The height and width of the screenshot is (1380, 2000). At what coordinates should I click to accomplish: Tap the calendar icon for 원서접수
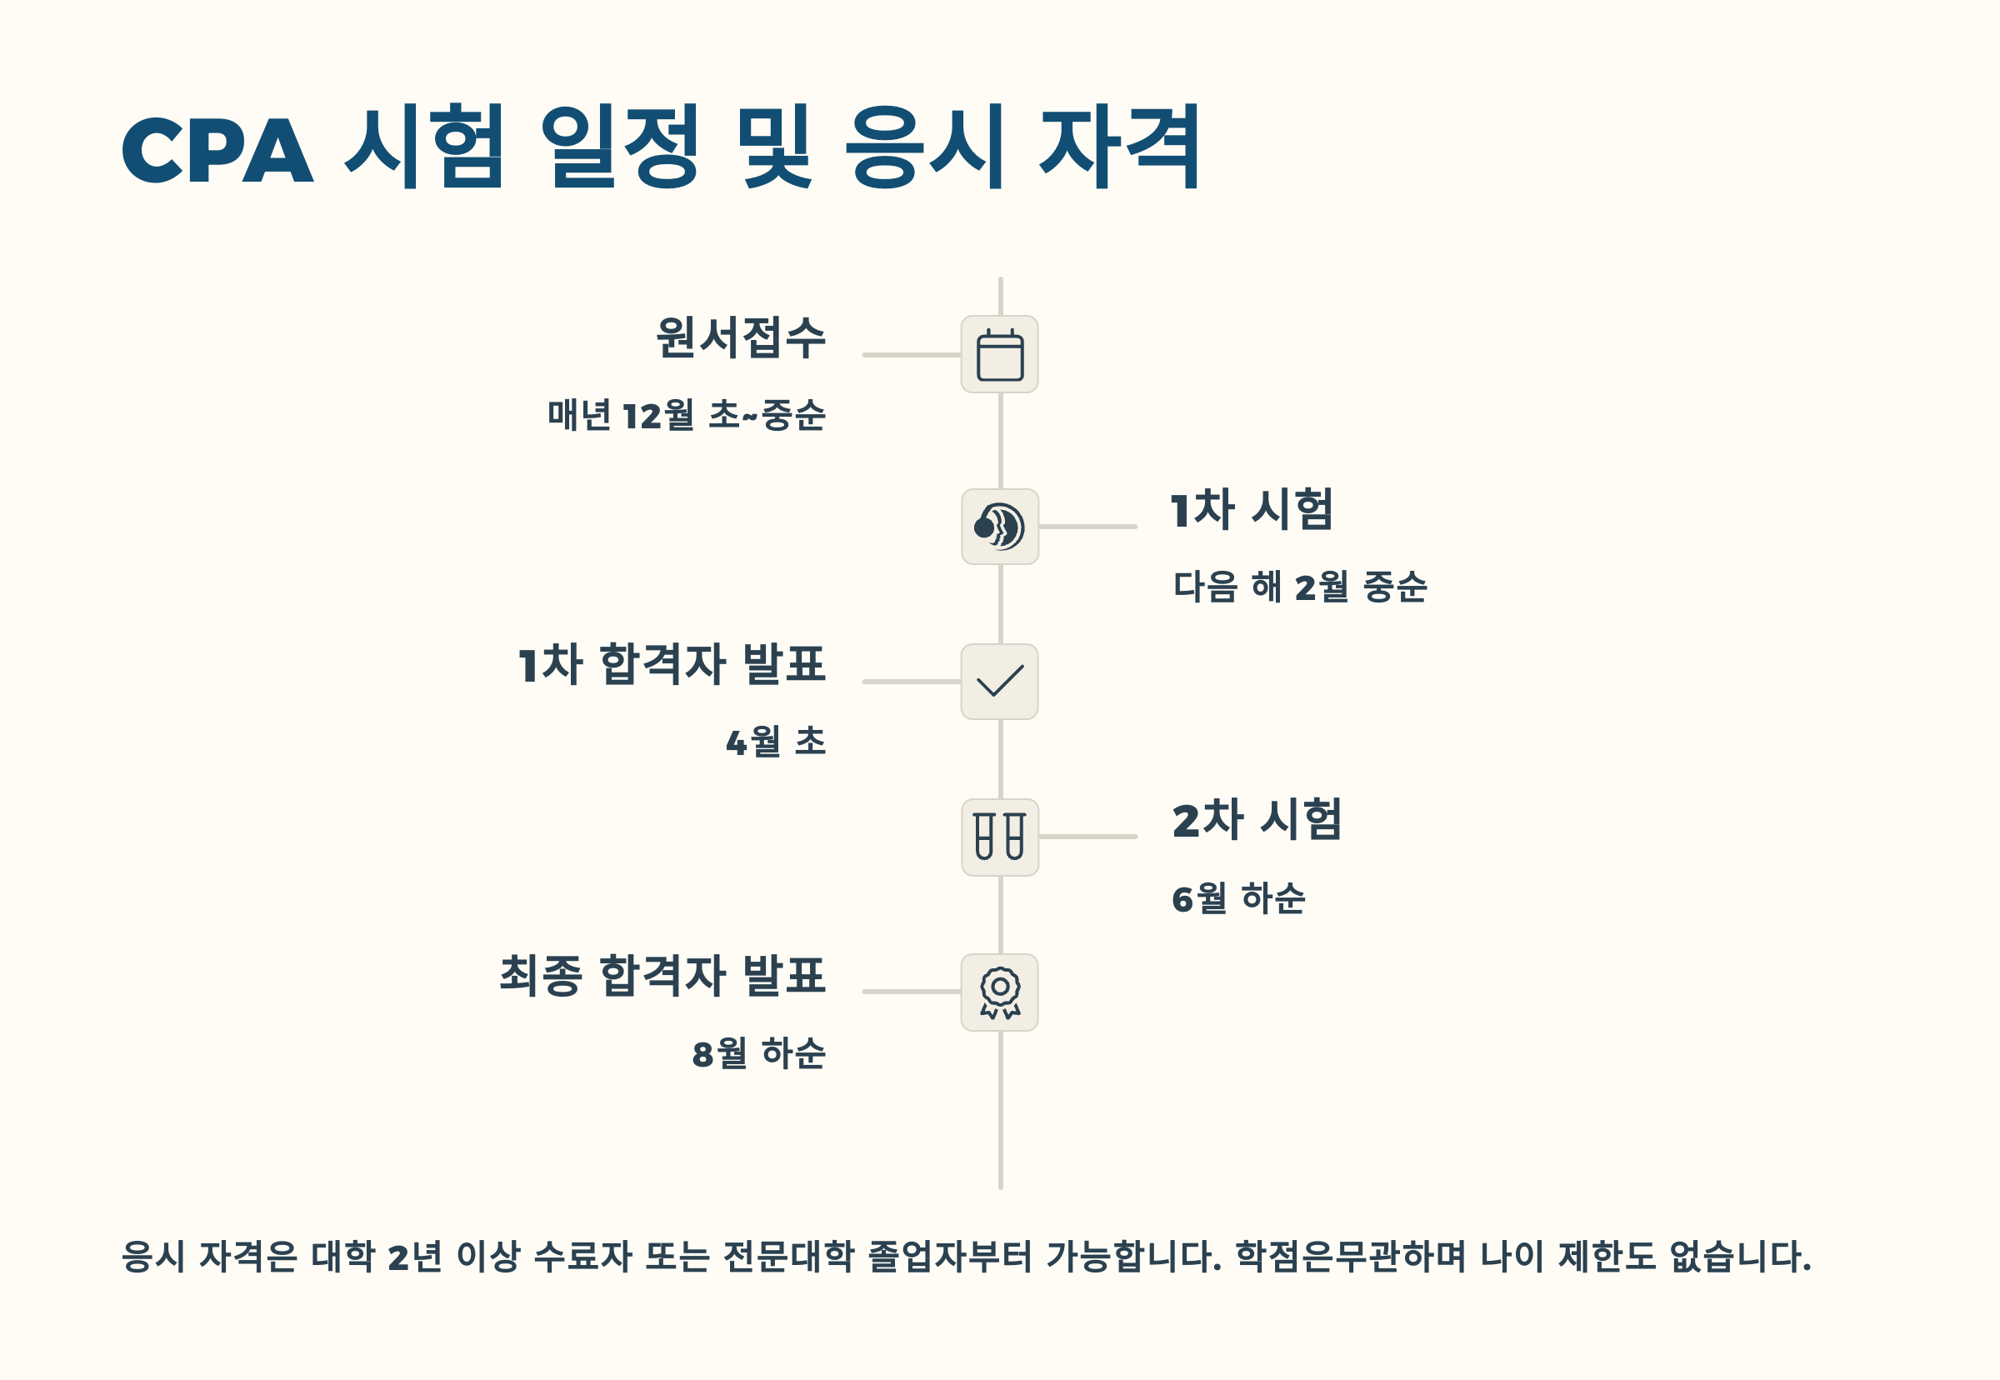tap(999, 354)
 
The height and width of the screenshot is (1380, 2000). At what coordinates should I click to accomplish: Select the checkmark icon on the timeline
tap(999, 682)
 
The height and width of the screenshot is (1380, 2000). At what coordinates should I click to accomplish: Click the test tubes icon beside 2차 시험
tap(999, 836)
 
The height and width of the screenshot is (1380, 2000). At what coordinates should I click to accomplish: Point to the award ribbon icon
tap(999, 992)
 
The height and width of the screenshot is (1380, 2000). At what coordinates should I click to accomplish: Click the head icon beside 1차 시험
tap(999, 527)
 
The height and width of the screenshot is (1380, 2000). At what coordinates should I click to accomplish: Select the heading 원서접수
tap(740, 337)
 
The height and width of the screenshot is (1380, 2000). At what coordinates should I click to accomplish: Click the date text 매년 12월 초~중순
tap(687, 415)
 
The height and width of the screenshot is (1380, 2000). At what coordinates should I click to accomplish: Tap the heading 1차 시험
tap(1251, 509)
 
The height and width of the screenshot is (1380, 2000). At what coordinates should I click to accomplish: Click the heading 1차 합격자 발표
tap(672, 664)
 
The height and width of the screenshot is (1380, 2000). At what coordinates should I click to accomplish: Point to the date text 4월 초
tap(776, 742)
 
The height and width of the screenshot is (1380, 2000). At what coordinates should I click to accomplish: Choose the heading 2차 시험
tap(1257, 820)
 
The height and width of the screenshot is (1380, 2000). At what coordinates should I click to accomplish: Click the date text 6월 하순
tap(1238, 898)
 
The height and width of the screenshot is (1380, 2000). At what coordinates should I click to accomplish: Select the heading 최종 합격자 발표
tap(662, 975)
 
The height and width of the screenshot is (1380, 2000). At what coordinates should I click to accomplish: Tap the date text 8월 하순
tap(758, 1053)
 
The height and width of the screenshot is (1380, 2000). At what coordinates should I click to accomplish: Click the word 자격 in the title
tap(1120, 147)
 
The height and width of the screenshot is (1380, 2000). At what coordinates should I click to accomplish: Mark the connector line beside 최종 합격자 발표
tap(912, 992)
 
